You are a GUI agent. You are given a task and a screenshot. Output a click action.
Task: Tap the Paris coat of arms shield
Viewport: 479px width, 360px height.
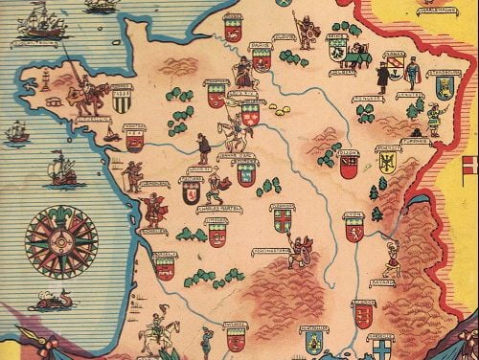tap(262, 57)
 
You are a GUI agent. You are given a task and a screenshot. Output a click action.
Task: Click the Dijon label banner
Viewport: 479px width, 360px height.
tap(348, 150)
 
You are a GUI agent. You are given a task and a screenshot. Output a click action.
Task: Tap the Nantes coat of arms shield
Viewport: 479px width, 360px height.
tap(134, 141)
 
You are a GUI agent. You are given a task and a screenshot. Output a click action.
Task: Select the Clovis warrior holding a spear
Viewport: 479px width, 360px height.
tap(307, 31)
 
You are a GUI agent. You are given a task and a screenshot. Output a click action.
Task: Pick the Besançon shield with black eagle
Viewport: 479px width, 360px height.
tap(389, 161)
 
